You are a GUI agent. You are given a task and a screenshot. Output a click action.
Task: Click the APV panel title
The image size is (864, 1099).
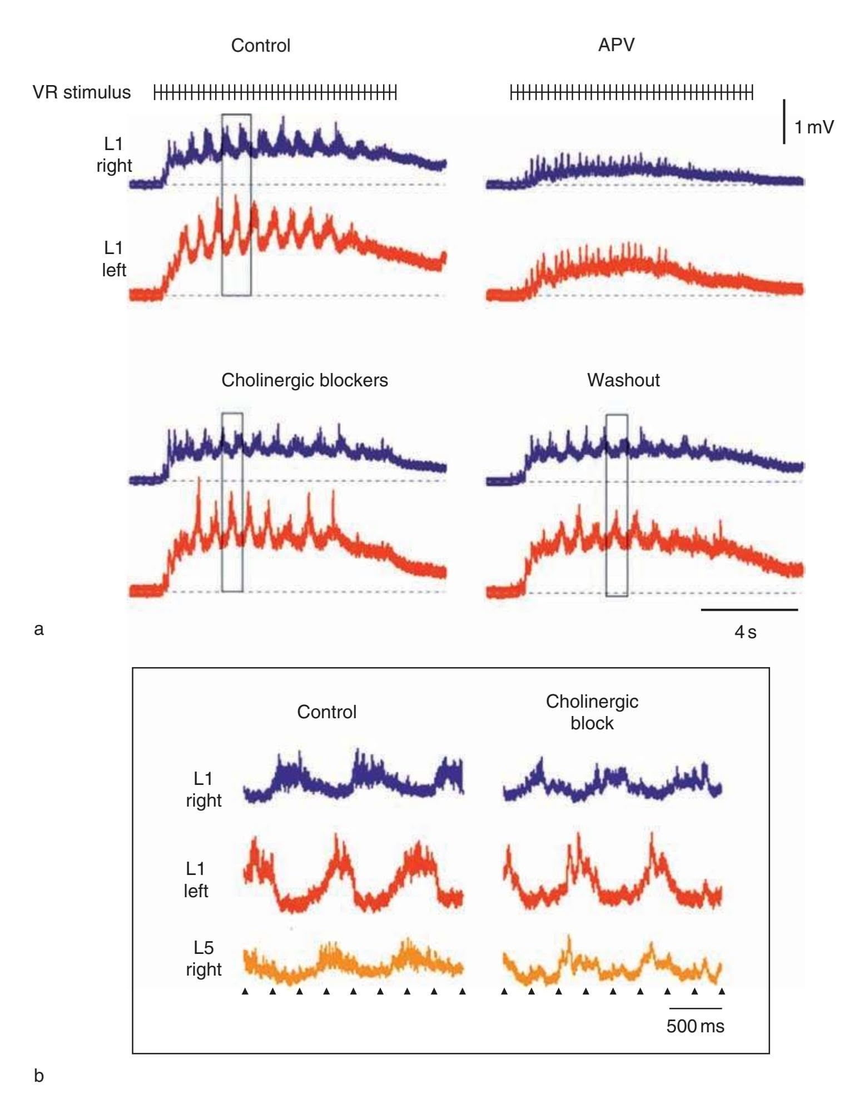click(616, 44)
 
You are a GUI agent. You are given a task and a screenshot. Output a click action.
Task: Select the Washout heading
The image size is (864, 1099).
click(623, 380)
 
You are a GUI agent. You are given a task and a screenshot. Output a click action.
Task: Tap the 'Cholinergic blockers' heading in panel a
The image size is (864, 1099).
click(305, 380)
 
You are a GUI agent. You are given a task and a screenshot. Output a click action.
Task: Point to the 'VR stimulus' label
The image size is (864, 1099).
click(82, 92)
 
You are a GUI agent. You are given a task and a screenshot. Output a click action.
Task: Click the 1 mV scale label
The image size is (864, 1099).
click(814, 127)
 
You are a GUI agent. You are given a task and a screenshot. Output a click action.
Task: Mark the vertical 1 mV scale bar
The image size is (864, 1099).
click(784, 122)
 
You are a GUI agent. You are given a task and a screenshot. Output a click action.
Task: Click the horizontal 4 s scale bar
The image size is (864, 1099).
click(749, 610)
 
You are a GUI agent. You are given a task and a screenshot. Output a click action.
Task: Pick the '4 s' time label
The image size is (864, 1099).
click(745, 632)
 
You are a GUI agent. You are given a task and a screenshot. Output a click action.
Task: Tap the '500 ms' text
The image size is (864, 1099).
click(696, 1026)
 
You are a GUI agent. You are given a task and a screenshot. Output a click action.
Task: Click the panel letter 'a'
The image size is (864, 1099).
click(38, 629)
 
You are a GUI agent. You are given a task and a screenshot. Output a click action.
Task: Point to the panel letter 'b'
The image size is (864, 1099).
click(39, 1076)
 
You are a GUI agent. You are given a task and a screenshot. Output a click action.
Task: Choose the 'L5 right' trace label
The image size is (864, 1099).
click(203, 958)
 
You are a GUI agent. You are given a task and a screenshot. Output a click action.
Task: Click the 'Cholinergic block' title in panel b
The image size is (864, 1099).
click(592, 712)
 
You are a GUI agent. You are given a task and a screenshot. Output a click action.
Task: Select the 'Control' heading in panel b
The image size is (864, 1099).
click(326, 712)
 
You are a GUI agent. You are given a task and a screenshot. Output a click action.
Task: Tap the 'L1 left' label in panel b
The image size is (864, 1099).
click(196, 879)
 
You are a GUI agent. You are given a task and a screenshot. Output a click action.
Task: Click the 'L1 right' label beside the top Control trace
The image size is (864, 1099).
click(114, 155)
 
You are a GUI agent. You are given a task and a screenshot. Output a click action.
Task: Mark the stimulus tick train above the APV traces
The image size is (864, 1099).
click(632, 93)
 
